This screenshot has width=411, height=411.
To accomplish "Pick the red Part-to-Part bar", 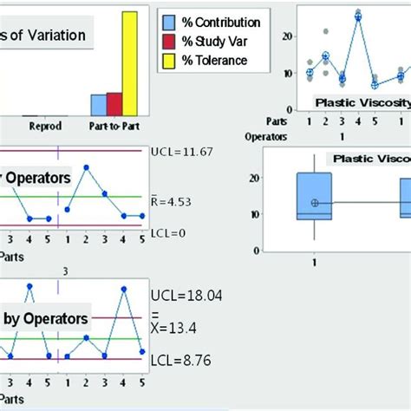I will coord(114,103).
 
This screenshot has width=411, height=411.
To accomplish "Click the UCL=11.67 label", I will coord(184,152).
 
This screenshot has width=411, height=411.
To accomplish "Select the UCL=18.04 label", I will coord(184,297).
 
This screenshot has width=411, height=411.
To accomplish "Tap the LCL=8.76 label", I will coord(180,360).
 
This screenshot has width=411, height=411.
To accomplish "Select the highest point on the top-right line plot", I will coord(358,16).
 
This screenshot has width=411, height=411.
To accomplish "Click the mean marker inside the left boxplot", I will coord(315,202).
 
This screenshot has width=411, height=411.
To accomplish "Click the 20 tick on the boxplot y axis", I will coord(278,178).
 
